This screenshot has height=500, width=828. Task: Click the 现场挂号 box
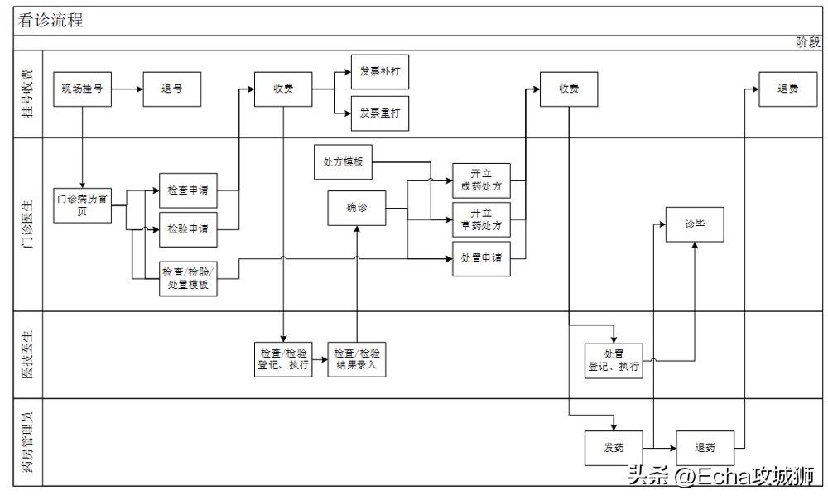tap(82, 89)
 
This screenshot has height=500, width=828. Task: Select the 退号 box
tap(172, 89)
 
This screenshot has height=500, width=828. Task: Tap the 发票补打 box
tap(380, 72)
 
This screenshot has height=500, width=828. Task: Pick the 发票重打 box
tap(380, 113)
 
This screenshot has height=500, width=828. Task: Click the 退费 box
tap(787, 89)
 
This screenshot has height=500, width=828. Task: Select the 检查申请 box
tap(188, 190)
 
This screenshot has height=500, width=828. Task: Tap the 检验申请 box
tap(188, 228)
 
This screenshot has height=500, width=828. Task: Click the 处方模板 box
tap(344, 162)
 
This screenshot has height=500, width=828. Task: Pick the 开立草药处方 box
tap(481, 219)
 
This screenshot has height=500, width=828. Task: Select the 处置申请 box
tap(481, 258)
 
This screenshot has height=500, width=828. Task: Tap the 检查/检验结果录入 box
tap(357, 359)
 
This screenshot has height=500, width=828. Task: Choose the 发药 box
tap(614, 448)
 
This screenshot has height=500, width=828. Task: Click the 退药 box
tap(705, 448)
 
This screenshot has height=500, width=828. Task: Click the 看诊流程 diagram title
tap(51, 21)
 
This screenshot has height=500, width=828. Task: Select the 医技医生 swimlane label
tap(27, 354)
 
